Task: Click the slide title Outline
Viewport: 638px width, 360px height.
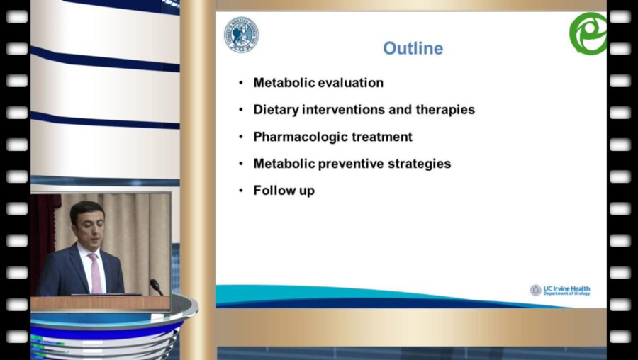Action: pyautogui.click(x=413, y=48)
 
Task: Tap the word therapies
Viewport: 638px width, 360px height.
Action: pyautogui.click(x=445, y=110)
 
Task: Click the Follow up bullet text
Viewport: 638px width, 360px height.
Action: pyautogui.click(x=284, y=191)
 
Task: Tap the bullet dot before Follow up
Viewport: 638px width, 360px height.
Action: pyautogui.click(x=241, y=191)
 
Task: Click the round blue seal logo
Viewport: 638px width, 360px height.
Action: pyautogui.click(x=241, y=35)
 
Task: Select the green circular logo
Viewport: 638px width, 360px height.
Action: pyautogui.click(x=588, y=33)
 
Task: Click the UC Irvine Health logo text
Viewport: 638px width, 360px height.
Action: pyautogui.click(x=566, y=290)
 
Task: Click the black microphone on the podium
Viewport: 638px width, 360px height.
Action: pyautogui.click(x=156, y=286)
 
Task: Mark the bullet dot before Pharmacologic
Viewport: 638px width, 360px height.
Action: pyautogui.click(x=241, y=137)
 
